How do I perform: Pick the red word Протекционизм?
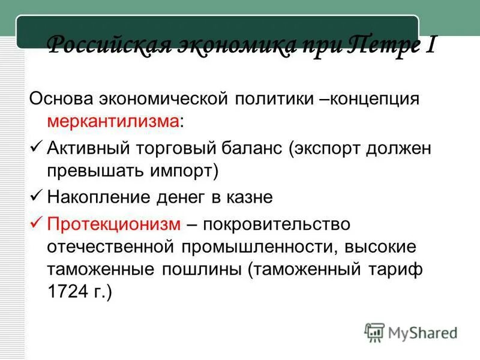pyautogui.click(x=114, y=224)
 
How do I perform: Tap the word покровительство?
pyautogui.click(x=276, y=224)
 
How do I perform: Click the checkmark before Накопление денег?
pyautogui.click(x=35, y=196)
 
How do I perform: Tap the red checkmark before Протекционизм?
pyautogui.click(x=35, y=224)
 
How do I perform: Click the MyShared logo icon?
pyautogui.click(x=374, y=331)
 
